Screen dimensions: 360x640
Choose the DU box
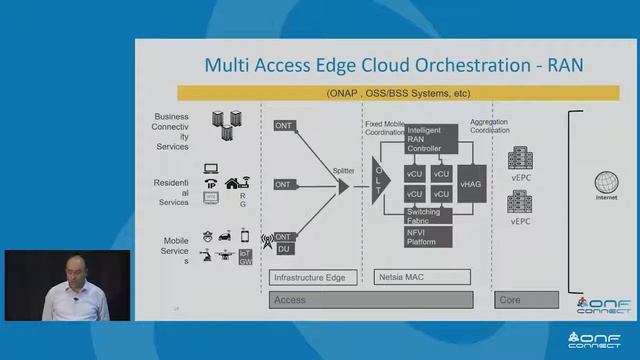(x=284, y=248)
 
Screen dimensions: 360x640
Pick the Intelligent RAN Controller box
(x=431, y=139)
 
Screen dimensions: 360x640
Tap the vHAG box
(x=470, y=186)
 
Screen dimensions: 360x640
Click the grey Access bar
(x=371, y=299)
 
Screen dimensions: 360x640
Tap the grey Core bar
(x=526, y=299)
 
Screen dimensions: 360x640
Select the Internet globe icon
(x=607, y=184)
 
